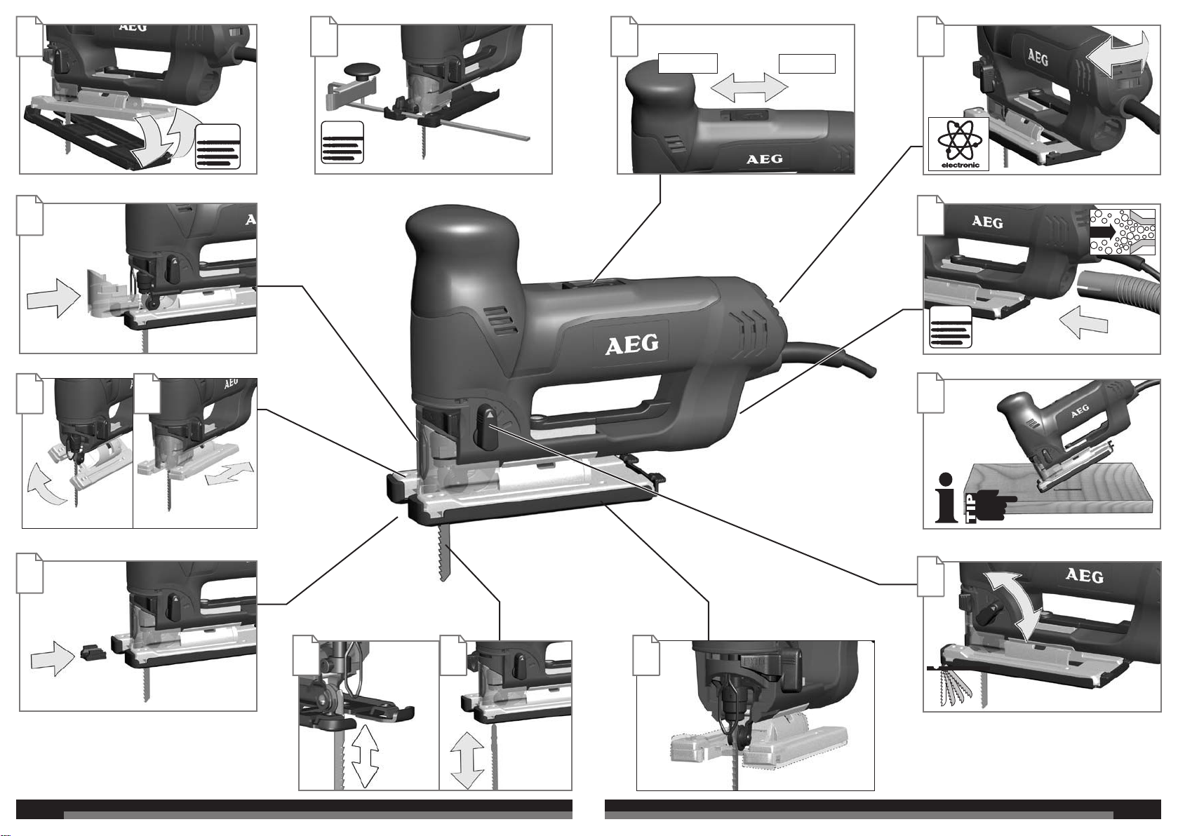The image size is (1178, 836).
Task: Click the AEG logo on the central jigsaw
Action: pyautogui.click(x=632, y=344)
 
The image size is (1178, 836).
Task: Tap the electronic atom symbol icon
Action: pyautogui.click(x=958, y=142)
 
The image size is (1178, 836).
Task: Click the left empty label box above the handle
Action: pyautogui.click(x=688, y=63)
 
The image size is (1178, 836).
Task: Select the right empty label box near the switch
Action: pyautogui.click(x=807, y=63)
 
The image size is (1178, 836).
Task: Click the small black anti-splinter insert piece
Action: pyautogui.click(x=91, y=654)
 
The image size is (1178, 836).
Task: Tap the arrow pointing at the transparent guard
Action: pyautogui.click(x=51, y=299)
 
